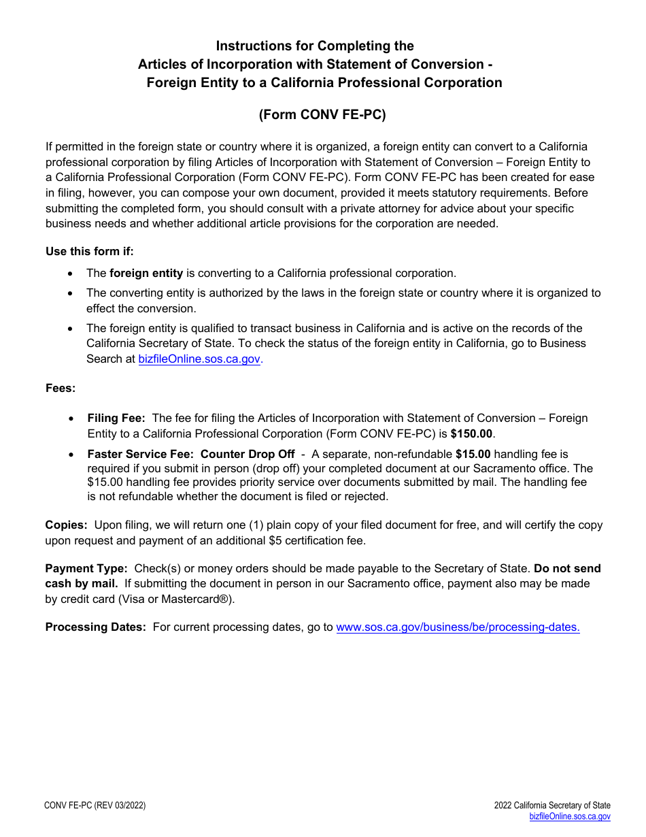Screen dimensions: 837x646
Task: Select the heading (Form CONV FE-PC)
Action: pyautogui.click(x=322, y=114)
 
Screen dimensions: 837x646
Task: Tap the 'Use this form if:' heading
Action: pyautogui.click(x=90, y=251)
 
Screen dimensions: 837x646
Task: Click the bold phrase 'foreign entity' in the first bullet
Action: pyautogui.click(x=146, y=273)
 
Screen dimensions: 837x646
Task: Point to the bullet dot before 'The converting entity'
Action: pyautogui.click(x=71, y=293)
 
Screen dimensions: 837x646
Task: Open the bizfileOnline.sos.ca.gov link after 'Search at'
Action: pyautogui.click(x=199, y=359)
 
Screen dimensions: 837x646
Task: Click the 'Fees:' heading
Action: pyautogui.click(x=61, y=388)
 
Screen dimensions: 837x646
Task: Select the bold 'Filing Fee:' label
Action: pyautogui.click(x=116, y=418)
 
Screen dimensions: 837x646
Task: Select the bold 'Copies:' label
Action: pyautogui.click(x=66, y=525)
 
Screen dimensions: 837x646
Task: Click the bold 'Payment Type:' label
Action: pyautogui.click(x=86, y=568)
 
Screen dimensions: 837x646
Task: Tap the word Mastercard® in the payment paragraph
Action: pyautogui.click(x=200, y=599)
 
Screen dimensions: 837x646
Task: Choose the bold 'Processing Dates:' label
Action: pyautogui.click(x=96, y=627)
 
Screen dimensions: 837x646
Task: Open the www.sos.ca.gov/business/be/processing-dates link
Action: pyautogui.click(x=458, y=627)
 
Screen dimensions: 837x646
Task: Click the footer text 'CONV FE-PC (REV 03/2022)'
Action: pyautogui.click(x=95, y=806)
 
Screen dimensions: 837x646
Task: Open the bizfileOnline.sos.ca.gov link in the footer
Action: pyautogui.click(x=570, y=817)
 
